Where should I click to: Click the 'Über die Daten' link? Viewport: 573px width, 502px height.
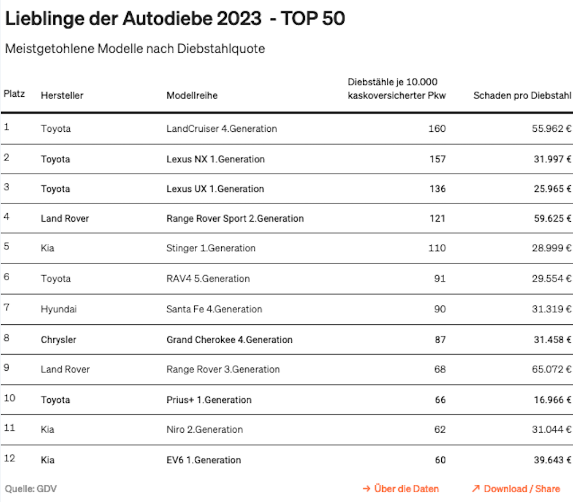(x=401, y=489)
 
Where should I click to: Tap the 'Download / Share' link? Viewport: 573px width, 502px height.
(x=516, y=489)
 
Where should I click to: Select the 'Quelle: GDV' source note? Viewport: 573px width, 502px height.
(x=31, y=489)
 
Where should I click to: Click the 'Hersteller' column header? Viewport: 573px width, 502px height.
(x=62, y=95)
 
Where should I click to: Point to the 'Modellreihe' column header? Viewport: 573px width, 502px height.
(x=192, y=95)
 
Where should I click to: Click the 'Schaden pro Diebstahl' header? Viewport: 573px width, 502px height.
(x=522, y=95)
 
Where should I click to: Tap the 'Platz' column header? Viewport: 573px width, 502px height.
(x=14, y=94)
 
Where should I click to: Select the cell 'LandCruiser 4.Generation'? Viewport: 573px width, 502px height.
(x=221, y=128)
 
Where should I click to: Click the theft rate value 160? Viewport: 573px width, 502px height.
(x=437, y=128)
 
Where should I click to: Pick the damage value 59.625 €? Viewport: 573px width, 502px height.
(x=552, y=218)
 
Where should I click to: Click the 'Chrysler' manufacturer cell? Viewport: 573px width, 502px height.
(x=58, y=340)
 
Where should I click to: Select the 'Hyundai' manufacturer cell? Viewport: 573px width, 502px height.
(x=59, y=309)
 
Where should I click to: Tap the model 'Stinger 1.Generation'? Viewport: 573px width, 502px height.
(x=211, y=248)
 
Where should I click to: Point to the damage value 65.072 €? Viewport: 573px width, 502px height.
(x=551, y=370)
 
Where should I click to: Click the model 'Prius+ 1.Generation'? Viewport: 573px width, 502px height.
(x=209, y=400)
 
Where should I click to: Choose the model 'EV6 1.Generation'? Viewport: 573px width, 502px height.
(x=203, y=460)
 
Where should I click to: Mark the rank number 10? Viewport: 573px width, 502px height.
(x=10, y=398)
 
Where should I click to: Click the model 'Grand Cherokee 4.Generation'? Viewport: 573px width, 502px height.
(x=230, y=340)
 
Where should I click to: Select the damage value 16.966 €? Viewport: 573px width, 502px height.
(x=552, y=400)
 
